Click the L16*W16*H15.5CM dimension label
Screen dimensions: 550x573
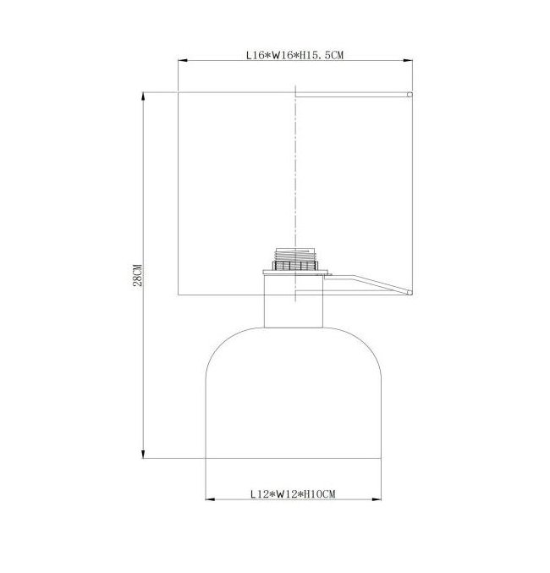[294, 55]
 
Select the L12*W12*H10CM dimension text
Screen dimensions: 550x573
[293, 494]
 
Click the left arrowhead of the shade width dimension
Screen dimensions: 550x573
[183, 61]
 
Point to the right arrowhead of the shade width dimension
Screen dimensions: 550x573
[408, 61]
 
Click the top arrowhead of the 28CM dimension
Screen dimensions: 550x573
[143, 96]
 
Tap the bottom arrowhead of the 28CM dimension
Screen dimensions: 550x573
[143, 454]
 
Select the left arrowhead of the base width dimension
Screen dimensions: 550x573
[210, 499]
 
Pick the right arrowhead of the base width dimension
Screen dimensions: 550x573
[377, 499]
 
